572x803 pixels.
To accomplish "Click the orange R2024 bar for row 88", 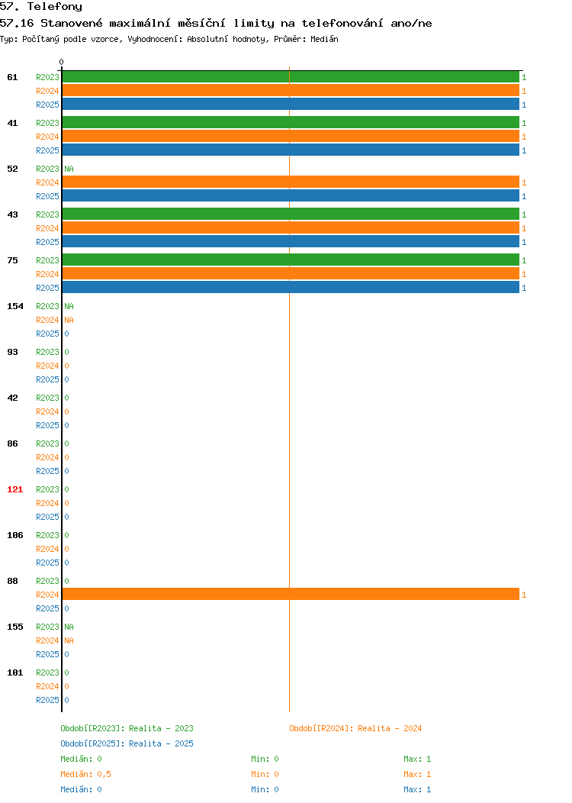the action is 291,594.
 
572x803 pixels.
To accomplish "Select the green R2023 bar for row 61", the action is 291,77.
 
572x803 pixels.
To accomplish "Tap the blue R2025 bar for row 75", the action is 291,287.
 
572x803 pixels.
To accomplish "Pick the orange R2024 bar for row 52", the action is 291,182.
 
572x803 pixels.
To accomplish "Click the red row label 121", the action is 14,489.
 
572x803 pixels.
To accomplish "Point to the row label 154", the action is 14,306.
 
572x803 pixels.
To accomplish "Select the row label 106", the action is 14,535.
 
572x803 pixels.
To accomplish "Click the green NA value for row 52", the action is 69,169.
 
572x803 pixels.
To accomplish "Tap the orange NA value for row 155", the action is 69,640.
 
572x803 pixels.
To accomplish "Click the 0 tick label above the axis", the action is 62,62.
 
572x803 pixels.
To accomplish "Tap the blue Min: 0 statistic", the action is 265,789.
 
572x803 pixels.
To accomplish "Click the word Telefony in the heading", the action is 55,7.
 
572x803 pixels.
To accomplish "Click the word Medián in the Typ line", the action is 324,39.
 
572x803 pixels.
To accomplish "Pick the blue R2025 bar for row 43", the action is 291,242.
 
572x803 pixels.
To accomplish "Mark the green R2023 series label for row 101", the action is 47,672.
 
